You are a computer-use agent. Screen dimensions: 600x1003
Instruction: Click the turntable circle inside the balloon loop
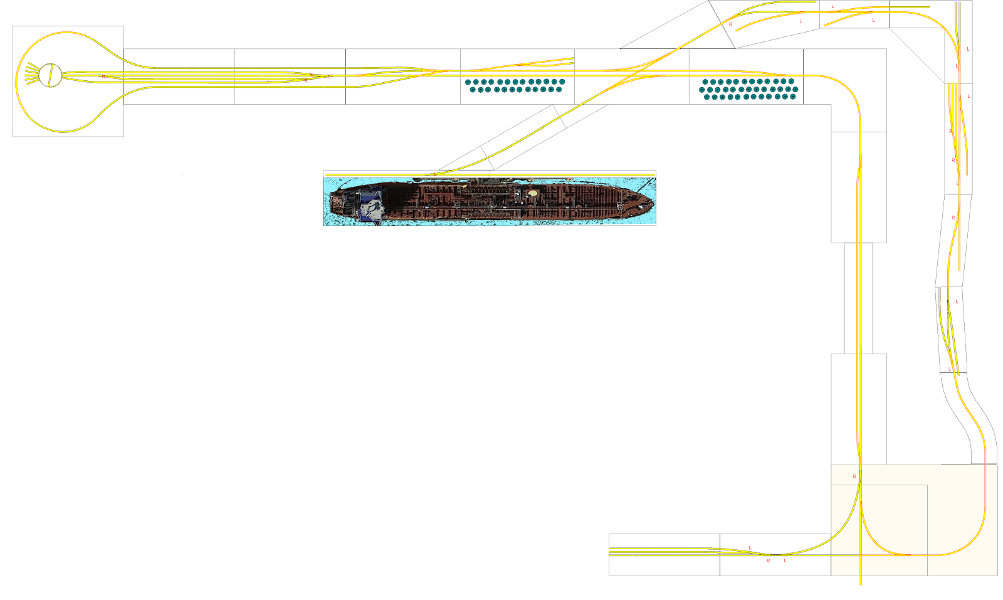(x=50, y=75)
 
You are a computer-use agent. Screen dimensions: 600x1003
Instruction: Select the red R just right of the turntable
(x=103, y=76)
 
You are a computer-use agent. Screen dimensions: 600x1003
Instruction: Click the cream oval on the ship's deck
(x=533, y=194)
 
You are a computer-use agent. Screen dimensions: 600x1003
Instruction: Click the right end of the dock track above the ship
(x=654, y=174)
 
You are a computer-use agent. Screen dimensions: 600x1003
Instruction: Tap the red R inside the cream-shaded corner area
(x=854, y=476)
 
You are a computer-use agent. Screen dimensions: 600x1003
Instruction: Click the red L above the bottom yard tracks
(x=750, y=548)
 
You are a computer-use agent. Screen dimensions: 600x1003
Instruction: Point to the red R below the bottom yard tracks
(x=769, y=561)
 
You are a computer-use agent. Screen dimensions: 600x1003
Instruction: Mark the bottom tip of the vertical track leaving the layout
(x=860, y=584)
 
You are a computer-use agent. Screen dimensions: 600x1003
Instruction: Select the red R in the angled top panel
(x=730, y=24)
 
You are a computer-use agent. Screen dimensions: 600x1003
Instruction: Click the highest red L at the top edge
(x=832, y=7)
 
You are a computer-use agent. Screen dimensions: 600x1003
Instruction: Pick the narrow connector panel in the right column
(x=858, y=298)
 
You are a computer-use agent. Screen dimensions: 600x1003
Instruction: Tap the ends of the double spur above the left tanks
(x=572, y=61)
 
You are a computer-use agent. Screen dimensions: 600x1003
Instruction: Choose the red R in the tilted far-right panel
(x=953, y=218)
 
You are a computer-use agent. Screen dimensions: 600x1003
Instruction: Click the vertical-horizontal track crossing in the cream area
(x=861, y=555)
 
